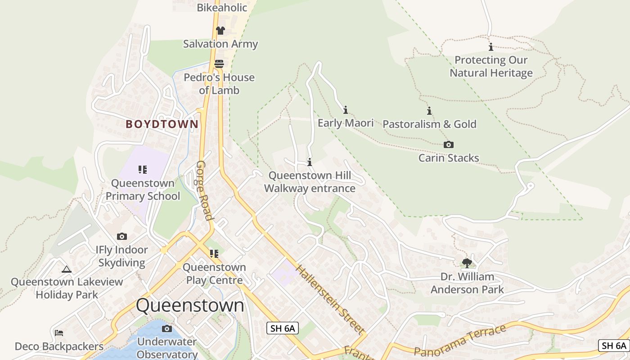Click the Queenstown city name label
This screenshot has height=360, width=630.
[x=190, y=306]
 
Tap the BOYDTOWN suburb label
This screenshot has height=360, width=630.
[x=162, y=124]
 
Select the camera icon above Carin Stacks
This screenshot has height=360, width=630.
[x=448, y=144]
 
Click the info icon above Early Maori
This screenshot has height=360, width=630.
[x=346, y=110]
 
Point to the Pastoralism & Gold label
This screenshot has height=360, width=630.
[x=429, y=124]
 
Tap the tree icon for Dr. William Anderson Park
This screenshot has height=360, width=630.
[x=467, y=263]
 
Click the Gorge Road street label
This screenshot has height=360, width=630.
[x=204, y=190]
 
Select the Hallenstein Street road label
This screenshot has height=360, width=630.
[x=330, y=300]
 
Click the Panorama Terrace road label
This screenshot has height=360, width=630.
[x=460, y=341]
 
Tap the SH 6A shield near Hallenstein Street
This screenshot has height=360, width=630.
[x=283, y=328]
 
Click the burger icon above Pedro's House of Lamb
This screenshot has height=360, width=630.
[x=219, y=64]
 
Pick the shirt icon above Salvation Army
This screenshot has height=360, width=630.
[x=220, y=31]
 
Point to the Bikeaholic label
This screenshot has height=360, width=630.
[x=222, y=8]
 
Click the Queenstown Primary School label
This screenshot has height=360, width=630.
[x=143, y=189]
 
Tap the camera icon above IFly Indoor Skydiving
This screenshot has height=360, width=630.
[x=121, y=236]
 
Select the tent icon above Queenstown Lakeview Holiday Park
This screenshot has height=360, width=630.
[x=67, y=269]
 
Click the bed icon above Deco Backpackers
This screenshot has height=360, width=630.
[x=59, y=333]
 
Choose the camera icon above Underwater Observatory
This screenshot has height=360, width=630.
[x=167, y=328]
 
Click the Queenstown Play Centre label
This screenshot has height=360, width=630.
[x=214, y=274]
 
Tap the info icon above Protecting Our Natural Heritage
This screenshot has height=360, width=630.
[x=491, y=47]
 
